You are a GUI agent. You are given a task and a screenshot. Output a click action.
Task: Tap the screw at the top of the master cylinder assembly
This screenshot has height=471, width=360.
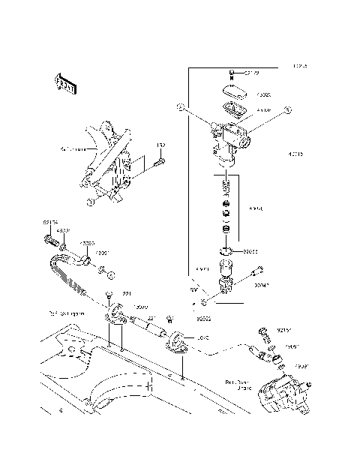[229, 73]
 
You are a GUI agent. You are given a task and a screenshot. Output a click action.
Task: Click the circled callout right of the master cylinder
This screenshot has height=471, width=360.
[286, 109]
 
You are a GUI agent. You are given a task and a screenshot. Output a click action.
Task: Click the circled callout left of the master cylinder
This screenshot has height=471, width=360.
[180, 108]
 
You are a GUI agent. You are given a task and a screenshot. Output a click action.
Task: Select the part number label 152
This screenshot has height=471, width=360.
[160, 145]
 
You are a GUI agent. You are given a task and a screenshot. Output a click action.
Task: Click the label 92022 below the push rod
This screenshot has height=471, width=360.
[182, 318]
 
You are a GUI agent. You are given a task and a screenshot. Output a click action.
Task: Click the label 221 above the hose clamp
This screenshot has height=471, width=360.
[127, 293]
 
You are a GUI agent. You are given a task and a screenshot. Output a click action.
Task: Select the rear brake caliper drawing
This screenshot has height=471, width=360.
[281, 391]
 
